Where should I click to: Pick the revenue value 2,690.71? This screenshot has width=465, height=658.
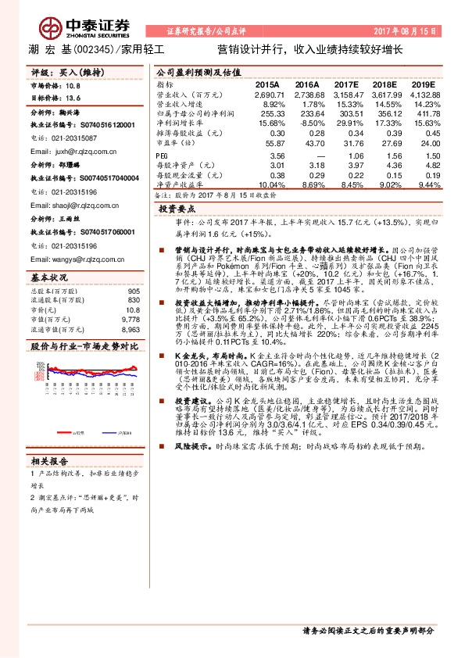click(265, 94)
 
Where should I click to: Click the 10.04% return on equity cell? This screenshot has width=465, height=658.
click(271, 186)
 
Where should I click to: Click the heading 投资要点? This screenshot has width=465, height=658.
click(176, 210)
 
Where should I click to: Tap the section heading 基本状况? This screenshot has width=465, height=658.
click(49, 277)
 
